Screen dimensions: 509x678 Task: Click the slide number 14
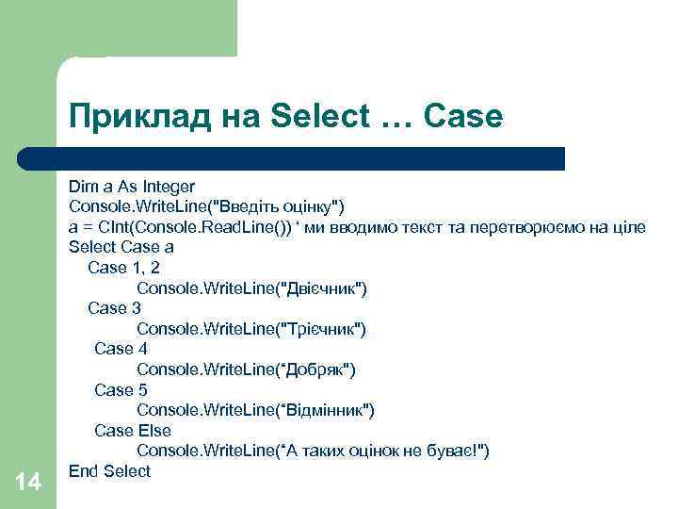(28, 483)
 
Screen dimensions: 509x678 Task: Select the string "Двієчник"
(319, 288)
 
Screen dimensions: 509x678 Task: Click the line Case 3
(114, 308)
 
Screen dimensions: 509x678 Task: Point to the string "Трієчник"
(319, 329)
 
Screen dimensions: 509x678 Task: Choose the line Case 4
(121, 349)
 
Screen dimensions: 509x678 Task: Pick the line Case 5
(121, 389)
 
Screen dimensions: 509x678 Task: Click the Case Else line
(133, 431)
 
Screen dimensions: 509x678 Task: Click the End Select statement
(109, 471)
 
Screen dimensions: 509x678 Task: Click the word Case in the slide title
(464, 117)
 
